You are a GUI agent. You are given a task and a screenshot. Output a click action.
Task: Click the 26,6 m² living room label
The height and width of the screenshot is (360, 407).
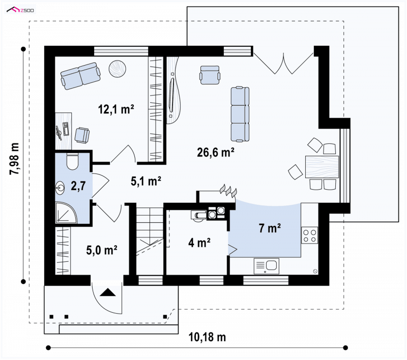pos(216,153)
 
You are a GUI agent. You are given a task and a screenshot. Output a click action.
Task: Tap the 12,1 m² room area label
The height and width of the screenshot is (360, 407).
pos(116,109)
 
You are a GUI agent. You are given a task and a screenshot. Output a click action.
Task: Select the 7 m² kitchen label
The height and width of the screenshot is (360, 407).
pos(270,228)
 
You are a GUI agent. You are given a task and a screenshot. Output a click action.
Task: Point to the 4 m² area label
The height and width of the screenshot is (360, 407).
pos(199,243)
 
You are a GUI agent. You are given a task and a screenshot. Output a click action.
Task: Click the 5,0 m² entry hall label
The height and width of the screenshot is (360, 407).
pos(102,250)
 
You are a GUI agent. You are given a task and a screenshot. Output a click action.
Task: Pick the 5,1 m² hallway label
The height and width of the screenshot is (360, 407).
pos(146,181)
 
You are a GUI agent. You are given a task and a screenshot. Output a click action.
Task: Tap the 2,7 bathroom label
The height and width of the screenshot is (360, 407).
pos(78,186)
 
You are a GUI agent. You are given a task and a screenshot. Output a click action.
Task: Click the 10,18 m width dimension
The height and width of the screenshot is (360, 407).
pos(207,337)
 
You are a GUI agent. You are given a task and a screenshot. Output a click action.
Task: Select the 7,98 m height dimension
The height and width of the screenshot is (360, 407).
pos(14,159)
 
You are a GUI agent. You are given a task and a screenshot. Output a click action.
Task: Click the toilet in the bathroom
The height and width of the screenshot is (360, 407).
pos(72,161)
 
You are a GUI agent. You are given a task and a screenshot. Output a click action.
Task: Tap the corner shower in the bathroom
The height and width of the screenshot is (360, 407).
pos(66,212)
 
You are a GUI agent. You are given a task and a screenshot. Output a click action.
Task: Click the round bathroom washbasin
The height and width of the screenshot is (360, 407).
pos(60,188)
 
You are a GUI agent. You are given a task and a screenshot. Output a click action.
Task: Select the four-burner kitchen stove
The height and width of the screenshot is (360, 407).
pos(310,235)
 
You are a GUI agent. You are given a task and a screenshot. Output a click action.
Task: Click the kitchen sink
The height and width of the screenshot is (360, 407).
pos(267,266)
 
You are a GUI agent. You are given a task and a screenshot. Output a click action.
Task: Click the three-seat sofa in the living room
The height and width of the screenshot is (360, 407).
pos(240,114)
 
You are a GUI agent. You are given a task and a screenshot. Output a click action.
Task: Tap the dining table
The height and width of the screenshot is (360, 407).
pos(322,166)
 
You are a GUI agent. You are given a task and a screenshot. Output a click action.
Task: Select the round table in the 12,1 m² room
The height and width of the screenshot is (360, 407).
pos(118,69)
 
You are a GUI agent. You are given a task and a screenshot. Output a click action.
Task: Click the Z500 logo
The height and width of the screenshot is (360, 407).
pos(20,10)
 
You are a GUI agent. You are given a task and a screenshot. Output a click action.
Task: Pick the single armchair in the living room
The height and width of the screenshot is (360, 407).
pos(210,75)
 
